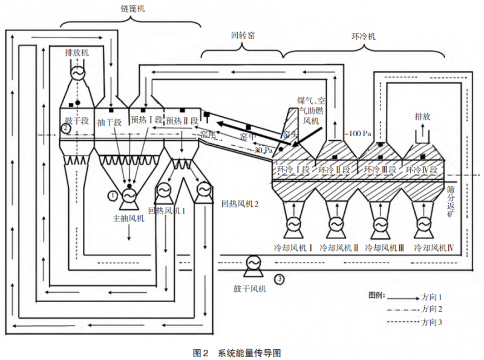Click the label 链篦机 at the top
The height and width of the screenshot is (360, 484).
[x=132, y=8]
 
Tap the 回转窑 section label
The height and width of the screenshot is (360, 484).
[x=243, y=36]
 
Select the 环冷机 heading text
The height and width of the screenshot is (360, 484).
[x=363, y=36]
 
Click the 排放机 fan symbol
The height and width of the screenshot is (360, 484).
[x=77, y=71]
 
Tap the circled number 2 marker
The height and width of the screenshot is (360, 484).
[x=67, y=128]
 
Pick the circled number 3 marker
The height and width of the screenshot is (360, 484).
[x=279, y=279]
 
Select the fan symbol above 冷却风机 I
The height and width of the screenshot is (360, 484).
[x=292, y=224]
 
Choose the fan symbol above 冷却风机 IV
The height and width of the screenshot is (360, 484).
[x=423, y=224]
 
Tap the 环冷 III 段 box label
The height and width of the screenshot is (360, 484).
[x=379, y=170]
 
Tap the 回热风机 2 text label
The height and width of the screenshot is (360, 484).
[x=240, y=205]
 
